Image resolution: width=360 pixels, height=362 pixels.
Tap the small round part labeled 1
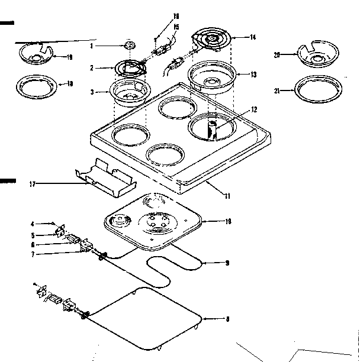click(x=130, y=46)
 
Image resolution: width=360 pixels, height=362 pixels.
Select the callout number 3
click(x=92, y=92)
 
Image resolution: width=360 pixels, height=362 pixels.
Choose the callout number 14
click(x=253, y=37)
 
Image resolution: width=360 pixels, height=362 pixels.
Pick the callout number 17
click(x=32, y=185)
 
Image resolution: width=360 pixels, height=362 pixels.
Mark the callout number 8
click(x=227, y=320)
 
